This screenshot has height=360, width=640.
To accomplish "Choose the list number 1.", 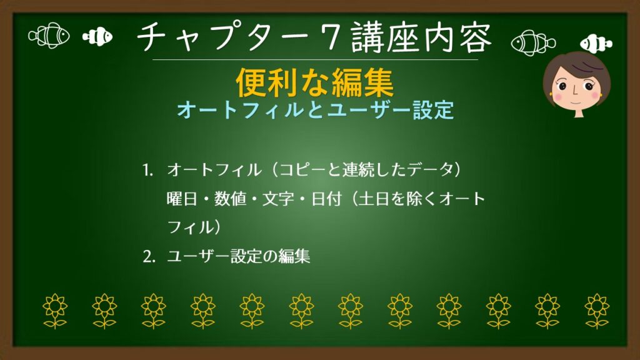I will (x=147, y=171).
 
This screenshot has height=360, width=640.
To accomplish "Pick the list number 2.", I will (x=147, y=257).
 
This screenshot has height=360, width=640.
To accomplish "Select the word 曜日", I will (x=180, y=199).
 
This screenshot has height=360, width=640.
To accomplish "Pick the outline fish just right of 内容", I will (x=532, y=42).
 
